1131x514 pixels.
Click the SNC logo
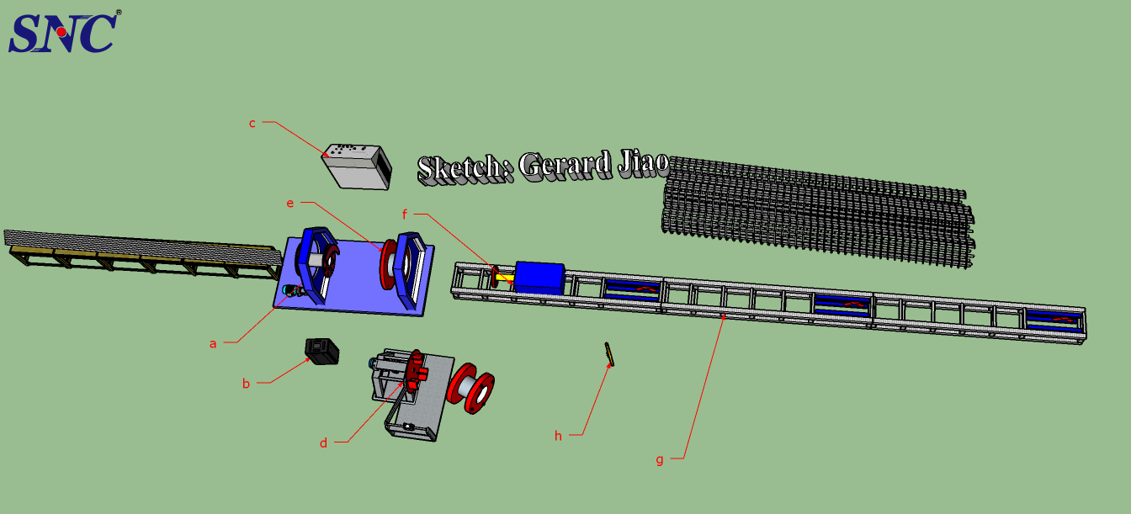[64, 32]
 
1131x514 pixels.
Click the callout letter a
[213, 343]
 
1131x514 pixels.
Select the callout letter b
[246, 384]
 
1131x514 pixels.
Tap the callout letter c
[252, 123]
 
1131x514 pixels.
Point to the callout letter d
[323, 442]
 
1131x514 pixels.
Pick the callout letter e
[290, 203]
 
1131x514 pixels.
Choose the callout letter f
[404, 215]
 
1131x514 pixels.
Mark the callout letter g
[659, 459]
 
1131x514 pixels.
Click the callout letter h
[557, 435]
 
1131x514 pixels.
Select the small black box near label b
[321, 351]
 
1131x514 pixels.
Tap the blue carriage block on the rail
[539, 276]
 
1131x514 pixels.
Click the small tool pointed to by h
[608, 354]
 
